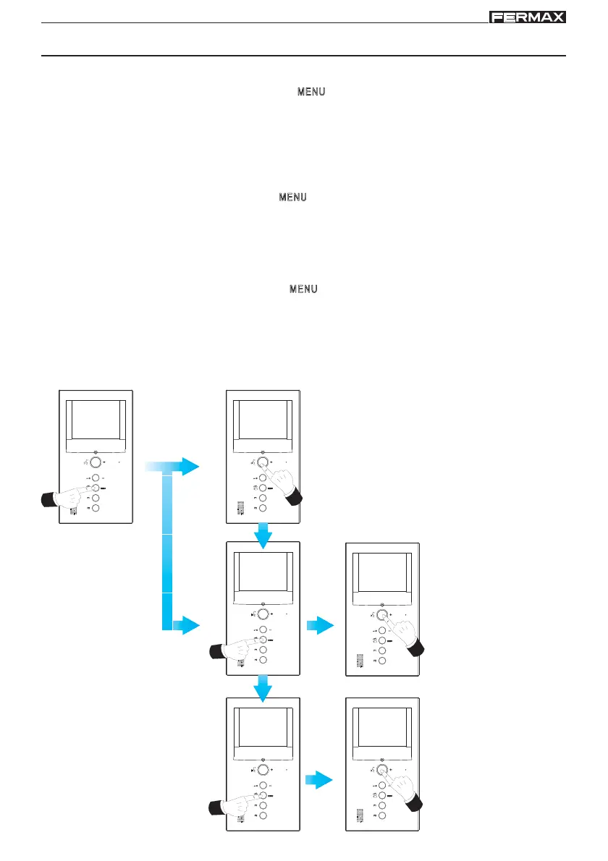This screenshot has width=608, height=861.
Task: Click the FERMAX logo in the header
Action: (x=527, y=17)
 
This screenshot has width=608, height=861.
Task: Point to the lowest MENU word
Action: (x=304, y=289)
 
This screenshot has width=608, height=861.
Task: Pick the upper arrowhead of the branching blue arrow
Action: (x=190, y=467)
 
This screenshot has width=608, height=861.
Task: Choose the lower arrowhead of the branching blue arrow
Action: (x=190, y=624)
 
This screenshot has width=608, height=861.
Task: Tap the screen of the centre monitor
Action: (x=263, y=576)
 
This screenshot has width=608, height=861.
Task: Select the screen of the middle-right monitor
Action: (x=382, y=576)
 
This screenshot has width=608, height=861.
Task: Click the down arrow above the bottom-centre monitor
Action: (x=263, y=687)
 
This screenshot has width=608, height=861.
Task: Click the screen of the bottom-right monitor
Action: (x=382, y=731)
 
